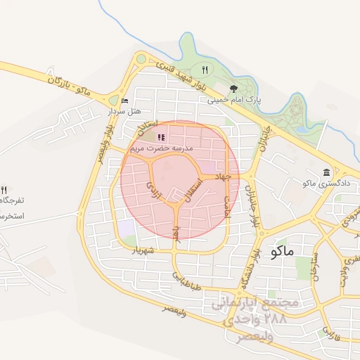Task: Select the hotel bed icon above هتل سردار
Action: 124,101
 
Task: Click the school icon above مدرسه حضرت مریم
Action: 161,138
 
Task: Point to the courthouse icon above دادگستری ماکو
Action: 326,173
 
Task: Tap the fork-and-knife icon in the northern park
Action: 205,70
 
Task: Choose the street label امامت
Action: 226,205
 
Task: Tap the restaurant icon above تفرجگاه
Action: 4,190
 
